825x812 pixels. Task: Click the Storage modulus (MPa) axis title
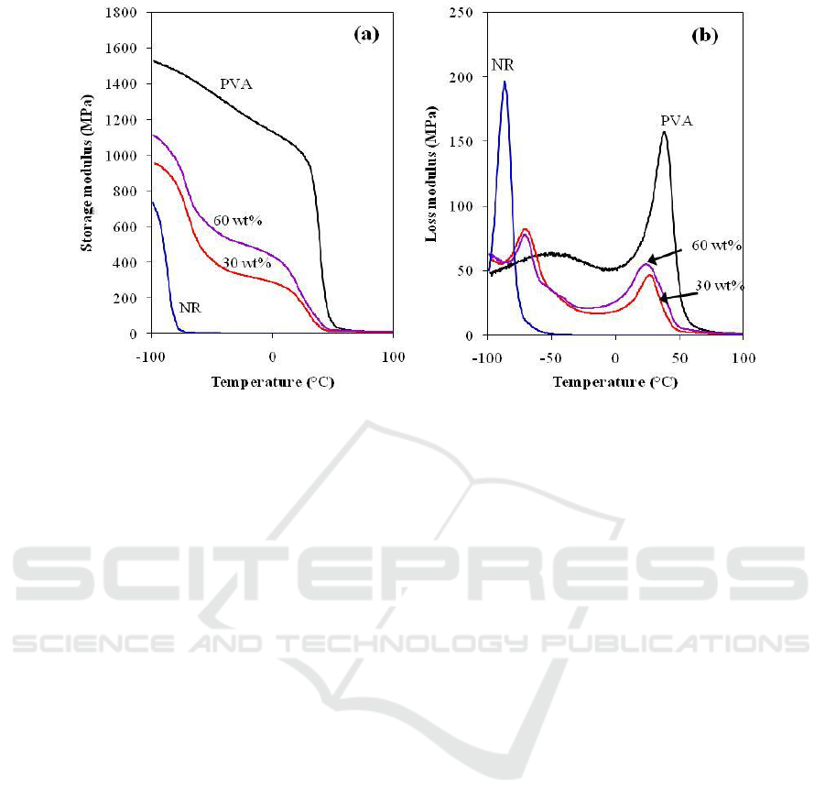pyautogui.click(x=88, y=173)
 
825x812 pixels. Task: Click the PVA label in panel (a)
pyautogui.click(x=236, y=84)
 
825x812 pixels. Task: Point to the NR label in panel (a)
pyautogui.click(x=190, y=308)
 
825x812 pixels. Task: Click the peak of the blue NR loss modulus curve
pyautogui.click(x=505, y=82)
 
